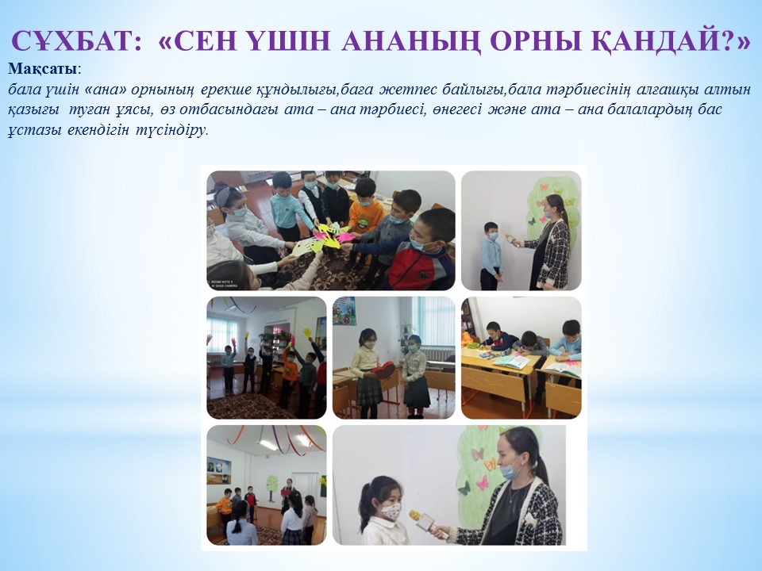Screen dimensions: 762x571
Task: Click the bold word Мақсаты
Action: click(x=43, y=69)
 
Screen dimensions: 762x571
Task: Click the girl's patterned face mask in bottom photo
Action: click(x=391, y=512)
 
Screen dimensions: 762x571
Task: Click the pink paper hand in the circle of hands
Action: click(x=346, y=237)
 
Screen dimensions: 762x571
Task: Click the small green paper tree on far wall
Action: click(x=271, y=483)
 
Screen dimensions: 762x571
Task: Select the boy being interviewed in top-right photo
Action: click(x=491, y=255)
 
